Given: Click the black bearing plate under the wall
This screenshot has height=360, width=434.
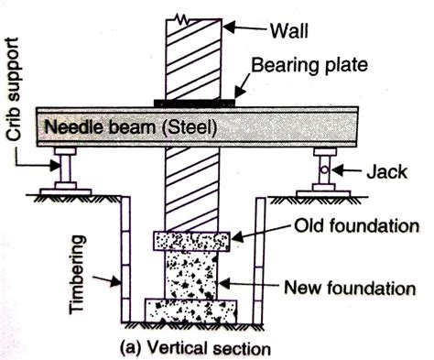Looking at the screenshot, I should [x=198, y=101].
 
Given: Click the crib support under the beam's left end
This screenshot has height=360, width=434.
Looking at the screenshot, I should [x=65, y=173].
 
